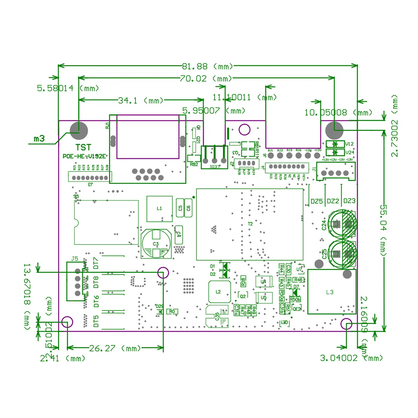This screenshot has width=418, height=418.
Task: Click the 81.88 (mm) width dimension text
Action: pyautogui.click(x=207, y=66)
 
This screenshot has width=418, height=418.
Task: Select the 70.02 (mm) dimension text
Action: pyautogui.click(x=206, y=79)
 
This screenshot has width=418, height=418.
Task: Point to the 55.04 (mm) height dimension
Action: pyautogui.click(x=383, y=230)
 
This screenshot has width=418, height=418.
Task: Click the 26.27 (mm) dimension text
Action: pyautogui.click(x=115, y=348)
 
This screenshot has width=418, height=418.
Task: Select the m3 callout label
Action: pyautogui.click(x=39, y=139)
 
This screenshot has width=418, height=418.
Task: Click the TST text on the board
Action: pyautogui.click(x=83, y=147)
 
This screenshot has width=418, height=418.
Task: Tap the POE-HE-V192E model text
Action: pyautogui.click(x=84, y=156)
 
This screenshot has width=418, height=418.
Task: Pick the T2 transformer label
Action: pyautogui.click(x=250, y=224)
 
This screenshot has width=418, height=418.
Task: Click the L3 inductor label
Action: pyautogui.click(x=330, y=292)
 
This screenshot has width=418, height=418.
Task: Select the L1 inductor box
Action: pyautogui.click(x=159, y=209)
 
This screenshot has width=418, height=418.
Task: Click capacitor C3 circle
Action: pyautogui.click(x=156, y=243)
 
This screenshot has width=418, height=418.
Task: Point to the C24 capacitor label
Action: pyautogui.click(x=324, y=225)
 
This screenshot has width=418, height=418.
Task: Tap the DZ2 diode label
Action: pyautogui.click(x=333, y=201)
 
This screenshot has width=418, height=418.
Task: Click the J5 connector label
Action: pyautogui.click(x=75, y=259)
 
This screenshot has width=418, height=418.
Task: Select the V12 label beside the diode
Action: pyautogui.click(x=349, y=144)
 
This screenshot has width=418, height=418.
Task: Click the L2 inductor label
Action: pyautogui.click(x=218, y=292)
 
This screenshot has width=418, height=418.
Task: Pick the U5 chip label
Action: pyautogui.click(x=264, y=297)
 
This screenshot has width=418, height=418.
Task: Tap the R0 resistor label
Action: pyautogui.click(x=172, y=311)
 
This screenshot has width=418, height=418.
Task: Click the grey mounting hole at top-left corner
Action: pyautogui.click(x=79, y=131)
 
